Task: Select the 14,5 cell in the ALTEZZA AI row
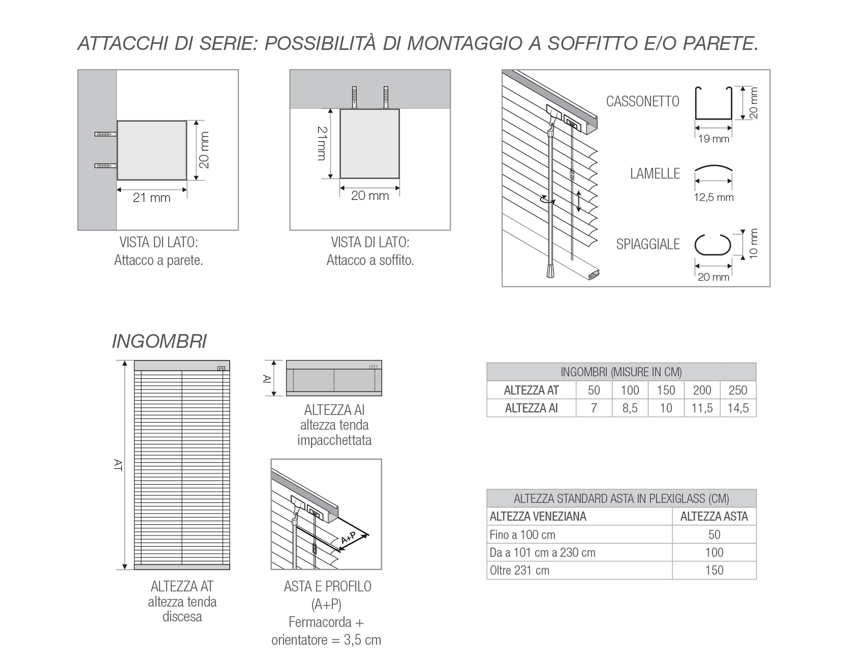click(738, 408)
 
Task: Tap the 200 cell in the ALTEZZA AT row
click(702, 390)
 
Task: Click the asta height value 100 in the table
click(714, 552)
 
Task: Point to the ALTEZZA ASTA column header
click(714, 517)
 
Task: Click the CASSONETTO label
click(642, 102)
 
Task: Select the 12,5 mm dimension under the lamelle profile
click(713, 197)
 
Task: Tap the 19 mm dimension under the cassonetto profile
click(713, 139)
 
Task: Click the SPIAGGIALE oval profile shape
click(713, 245)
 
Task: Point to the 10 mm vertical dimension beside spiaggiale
click(753, 244)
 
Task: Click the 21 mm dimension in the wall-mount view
click(151, 198)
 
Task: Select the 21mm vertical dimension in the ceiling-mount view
click(322, 143)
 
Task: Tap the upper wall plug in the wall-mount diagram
click(105, 134)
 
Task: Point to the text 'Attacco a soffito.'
click(370, 260)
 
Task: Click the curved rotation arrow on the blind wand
click(548, 200)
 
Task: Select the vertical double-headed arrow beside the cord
click(579, 201)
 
